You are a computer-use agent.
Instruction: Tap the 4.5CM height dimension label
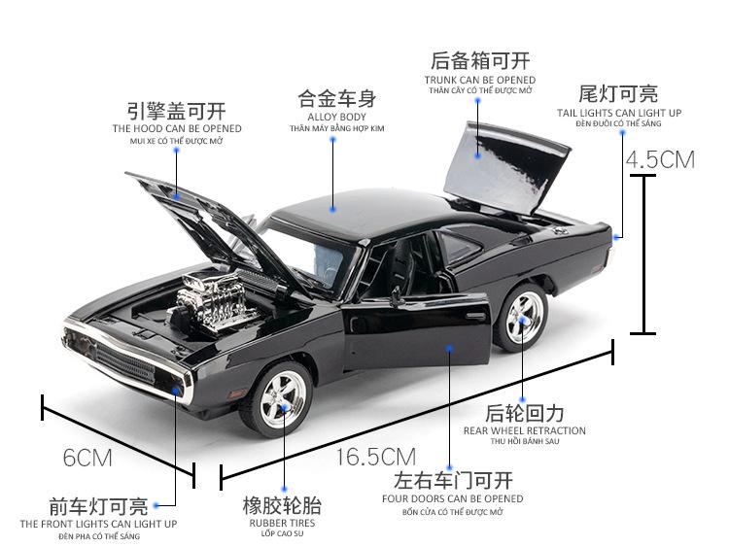click(x=660, y=159)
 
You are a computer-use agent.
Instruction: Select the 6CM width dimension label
click(x=87, y=456)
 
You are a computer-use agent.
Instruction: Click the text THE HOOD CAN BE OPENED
click(x=177, y=128)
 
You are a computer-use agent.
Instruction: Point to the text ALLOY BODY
click(x=336, y=117)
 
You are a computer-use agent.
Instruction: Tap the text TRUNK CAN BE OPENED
click(x=480, y=80)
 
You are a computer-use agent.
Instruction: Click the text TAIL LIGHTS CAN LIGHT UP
click(x=619, y=113)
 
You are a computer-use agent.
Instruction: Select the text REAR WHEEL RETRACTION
click(x=525, y=430)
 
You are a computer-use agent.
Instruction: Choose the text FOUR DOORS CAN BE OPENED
click(x=453, y=498)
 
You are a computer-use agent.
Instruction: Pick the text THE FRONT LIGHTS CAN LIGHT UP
click(x=99, y=524)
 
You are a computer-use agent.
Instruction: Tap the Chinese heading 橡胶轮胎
click(x=281, y=505)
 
